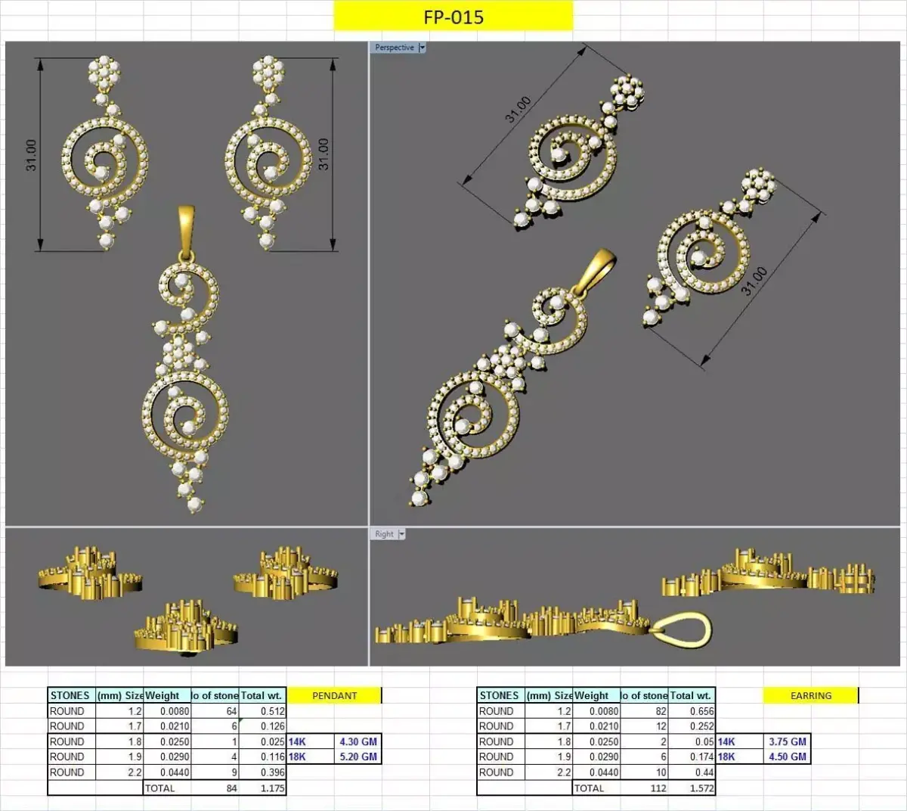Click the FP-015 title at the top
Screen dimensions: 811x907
point(453,17)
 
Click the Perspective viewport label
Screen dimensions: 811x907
point(395,48)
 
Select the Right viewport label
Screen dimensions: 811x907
point(385,534)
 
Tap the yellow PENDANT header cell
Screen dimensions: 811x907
point(334,695)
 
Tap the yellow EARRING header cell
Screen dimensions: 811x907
point(810,695)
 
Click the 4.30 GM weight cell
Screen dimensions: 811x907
point(358,741)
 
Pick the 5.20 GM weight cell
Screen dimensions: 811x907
point(358,757)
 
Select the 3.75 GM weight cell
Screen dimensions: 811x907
point(787,741)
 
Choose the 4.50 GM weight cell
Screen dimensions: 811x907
point(787,757)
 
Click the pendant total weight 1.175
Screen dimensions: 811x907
point(272,788)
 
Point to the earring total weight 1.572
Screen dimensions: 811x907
point(701,788)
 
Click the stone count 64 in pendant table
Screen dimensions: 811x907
point(231,711)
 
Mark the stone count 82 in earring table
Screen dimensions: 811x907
point(661,711)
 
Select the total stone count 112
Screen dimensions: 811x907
point(658,788)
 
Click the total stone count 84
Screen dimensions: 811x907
point(231,788)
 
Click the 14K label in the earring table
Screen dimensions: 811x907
point(726,741)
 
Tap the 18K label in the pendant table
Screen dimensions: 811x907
point(297,757)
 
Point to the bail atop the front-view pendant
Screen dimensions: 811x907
point(186,227)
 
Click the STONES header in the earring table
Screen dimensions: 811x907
point(499,695)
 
